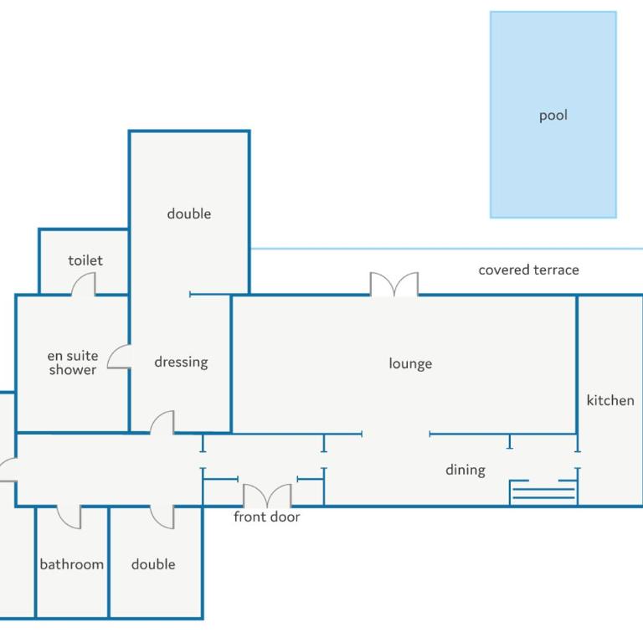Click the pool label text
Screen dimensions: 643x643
coord(553,116)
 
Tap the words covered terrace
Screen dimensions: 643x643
coord(528,270)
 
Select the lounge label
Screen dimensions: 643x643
coord(410,363)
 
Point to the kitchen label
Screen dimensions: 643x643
coord(610,400)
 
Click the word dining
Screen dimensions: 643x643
coord(466,470)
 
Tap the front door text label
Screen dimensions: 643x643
coord(266,517)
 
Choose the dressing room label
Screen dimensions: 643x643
coord(181,362)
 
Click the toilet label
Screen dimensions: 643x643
coord(85,260)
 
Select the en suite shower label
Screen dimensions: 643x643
coord(73,363)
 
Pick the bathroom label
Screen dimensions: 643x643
coord(71,564)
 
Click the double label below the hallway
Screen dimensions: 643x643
coord(153,564)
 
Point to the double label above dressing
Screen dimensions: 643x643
coord(189,213)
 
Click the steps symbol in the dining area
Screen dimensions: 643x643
coord(543,492)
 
